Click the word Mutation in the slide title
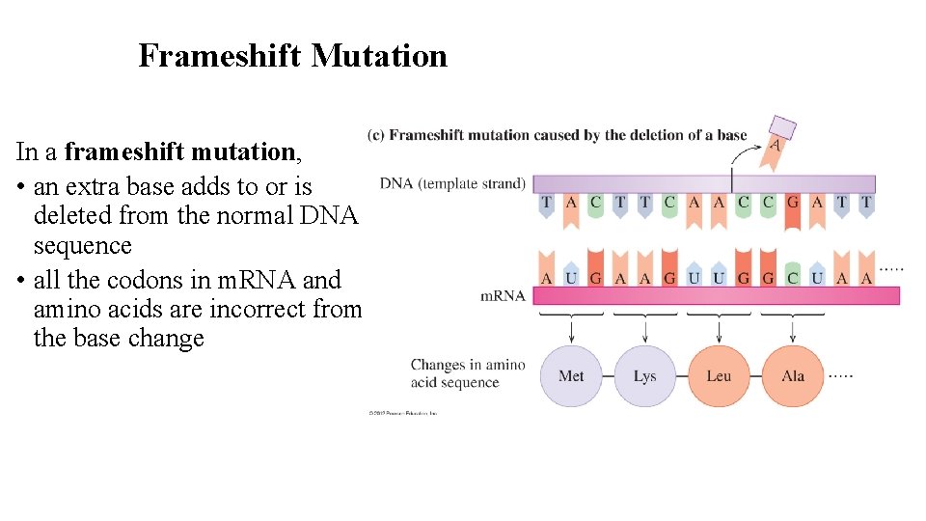[379, 56]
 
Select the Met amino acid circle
[571, 375]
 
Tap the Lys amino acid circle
[644, 375]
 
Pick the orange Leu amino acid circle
[719, 375]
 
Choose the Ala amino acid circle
[792, 375]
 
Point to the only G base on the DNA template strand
[792, 204]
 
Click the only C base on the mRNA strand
[792, 278]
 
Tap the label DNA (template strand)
[452, 183]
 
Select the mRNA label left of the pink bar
[503, 295]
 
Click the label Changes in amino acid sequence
[468, 373]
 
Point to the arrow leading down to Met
[571, 331]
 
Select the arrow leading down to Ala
[792, 331]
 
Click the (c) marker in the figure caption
[376, 135]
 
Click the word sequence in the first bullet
[82, 245]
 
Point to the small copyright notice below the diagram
[403, 413]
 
